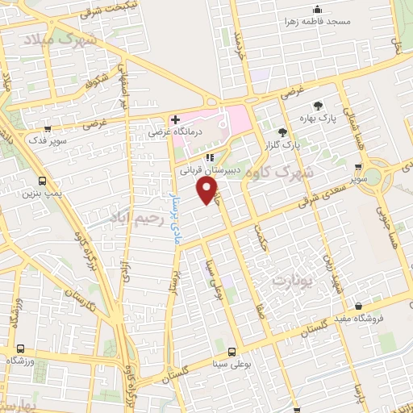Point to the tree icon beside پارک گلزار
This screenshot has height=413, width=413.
pos(282,131)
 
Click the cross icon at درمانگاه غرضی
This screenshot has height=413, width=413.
pos(176,119)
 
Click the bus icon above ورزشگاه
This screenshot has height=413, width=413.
pos(20,348)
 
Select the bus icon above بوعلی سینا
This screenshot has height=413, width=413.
pos(232,352)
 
